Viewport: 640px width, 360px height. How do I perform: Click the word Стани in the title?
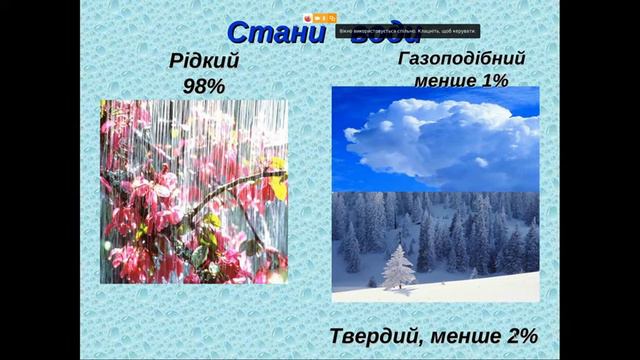(264, 31)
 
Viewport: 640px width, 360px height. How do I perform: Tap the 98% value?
(204, 86)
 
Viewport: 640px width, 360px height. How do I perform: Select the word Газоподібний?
(460, 59)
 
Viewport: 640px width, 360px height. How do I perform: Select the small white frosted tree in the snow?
(398, 267)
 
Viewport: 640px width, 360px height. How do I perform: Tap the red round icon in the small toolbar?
(308, 18)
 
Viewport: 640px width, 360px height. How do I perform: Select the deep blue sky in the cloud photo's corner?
(345, 100)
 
